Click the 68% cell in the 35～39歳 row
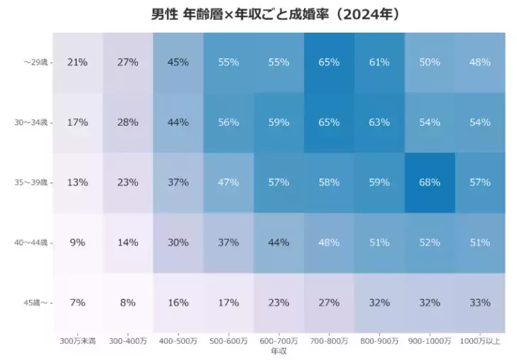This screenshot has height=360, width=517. pos(430,182)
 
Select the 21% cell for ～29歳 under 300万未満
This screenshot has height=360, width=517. pos(77,62)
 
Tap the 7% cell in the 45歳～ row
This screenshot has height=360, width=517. pos(77,302)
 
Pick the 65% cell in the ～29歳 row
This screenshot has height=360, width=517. pos(329,62)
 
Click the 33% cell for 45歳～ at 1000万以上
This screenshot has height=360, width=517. pos(480,302)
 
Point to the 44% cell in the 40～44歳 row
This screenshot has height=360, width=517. pos(278,243)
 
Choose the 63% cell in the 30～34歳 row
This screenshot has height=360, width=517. pos(379,122)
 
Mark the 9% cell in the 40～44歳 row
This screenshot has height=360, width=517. pos(77,243)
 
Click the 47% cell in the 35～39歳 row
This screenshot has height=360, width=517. pos(228,182)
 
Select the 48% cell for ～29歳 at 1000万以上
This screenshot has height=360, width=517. pos(480,62)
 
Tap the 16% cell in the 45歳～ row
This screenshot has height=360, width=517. pos(178,302)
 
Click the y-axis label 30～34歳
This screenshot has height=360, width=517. pos(31,123)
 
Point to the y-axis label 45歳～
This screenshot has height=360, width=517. pos(36,303)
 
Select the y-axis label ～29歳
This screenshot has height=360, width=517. pos(34,62)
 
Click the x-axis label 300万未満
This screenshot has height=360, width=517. pos(77,342)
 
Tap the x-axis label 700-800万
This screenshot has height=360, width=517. pos(329,342)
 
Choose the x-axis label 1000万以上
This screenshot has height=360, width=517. pos(480,342)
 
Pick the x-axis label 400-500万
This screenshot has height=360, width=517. pos(178,342)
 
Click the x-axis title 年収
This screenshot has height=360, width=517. pos(278,351)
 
